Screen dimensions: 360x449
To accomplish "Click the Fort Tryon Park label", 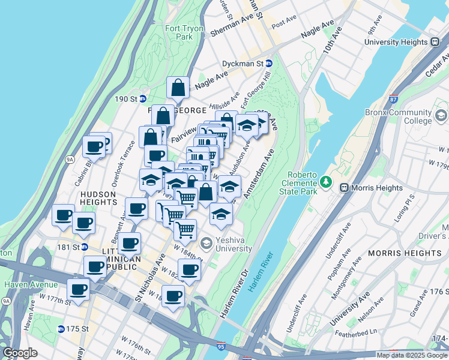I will pyautogui.click(x=181, y=32).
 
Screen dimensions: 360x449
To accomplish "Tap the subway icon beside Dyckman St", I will pyautogui.click(x=269, y=63).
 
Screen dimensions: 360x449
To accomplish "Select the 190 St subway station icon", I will pyautogui.click(x=143, y=98).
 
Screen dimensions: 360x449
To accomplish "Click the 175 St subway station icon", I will pyautogui.click(x=61, y=329).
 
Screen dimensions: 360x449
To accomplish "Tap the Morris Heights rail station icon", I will pyautogui.click(x=345, y=188).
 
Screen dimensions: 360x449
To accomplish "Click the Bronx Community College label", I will pyautogui.click(x=398, y=116).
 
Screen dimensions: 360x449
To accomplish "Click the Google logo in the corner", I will pyautogui.click(x=20, y=353).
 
